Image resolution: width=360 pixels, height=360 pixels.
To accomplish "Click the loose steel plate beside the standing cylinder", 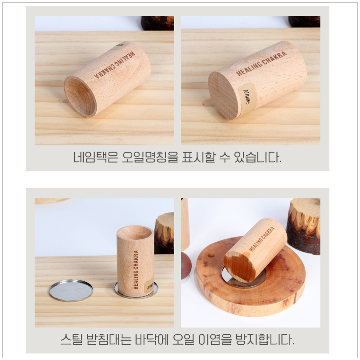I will pyautogui.click(x=71, y=290).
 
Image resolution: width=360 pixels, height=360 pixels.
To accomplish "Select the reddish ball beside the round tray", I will pyautogui.click(x=185, y=265).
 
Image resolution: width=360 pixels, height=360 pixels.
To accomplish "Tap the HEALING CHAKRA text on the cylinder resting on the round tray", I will pyautogui.click(x=262, y=238).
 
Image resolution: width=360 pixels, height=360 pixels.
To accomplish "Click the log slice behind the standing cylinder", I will pyautogui.click(x=165, y=232).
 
